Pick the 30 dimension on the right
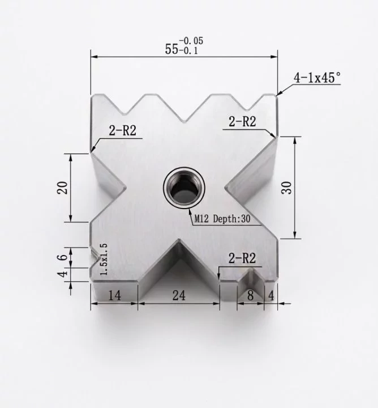tap(288, 188)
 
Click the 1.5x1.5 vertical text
tap(103, 260)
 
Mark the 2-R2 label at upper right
tap(242, 121)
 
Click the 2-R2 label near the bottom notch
tap(242, 259)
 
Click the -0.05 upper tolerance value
tap(191, 41)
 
